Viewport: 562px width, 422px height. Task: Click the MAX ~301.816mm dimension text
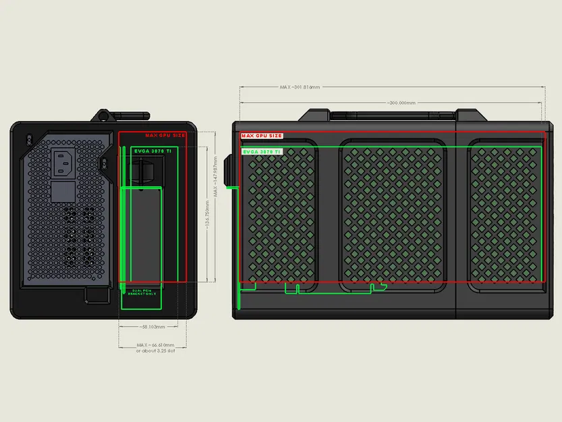(x=300, y=87)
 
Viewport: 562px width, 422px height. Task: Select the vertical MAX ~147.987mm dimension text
(x=215, y=177)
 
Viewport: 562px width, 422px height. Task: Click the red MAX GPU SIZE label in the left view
(x=165, y=135)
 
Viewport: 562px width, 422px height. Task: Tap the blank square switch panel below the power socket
(x=63, y=192)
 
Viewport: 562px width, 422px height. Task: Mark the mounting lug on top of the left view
(x=105, y=117)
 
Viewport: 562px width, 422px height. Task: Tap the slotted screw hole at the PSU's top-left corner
(x=28, y=139)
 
